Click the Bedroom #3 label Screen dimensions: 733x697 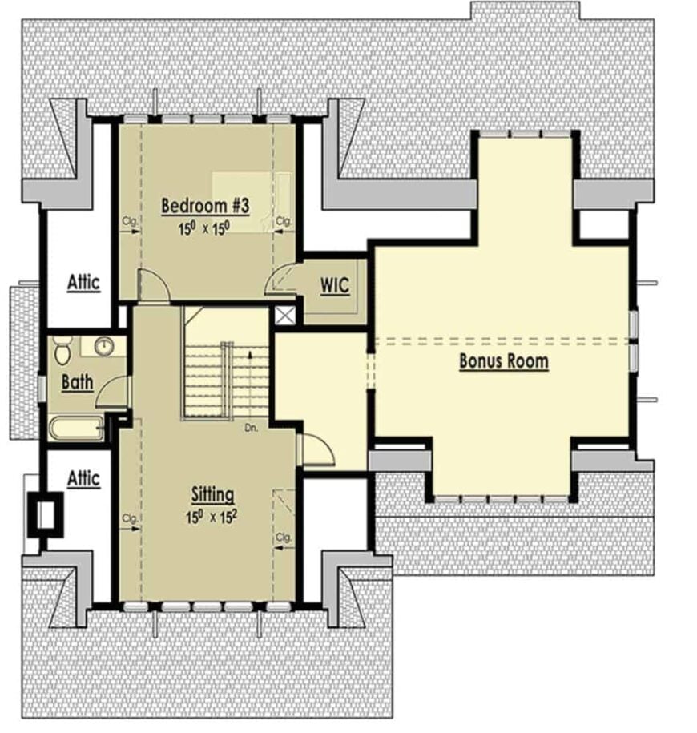[206, 205]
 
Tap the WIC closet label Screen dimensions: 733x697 [335, 285]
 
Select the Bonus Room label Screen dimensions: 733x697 [503, 360]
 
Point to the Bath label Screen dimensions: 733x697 [78, 383]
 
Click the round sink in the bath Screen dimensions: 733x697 [103, 346]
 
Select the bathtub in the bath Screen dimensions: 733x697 [75, 428]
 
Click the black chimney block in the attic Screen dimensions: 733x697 [45, 514]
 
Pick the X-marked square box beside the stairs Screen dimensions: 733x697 [284, 316]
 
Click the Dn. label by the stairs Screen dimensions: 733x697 [252, 427]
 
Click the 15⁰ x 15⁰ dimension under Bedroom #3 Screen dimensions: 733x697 [204, 228]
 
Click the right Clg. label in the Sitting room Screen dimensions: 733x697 [283, 536]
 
